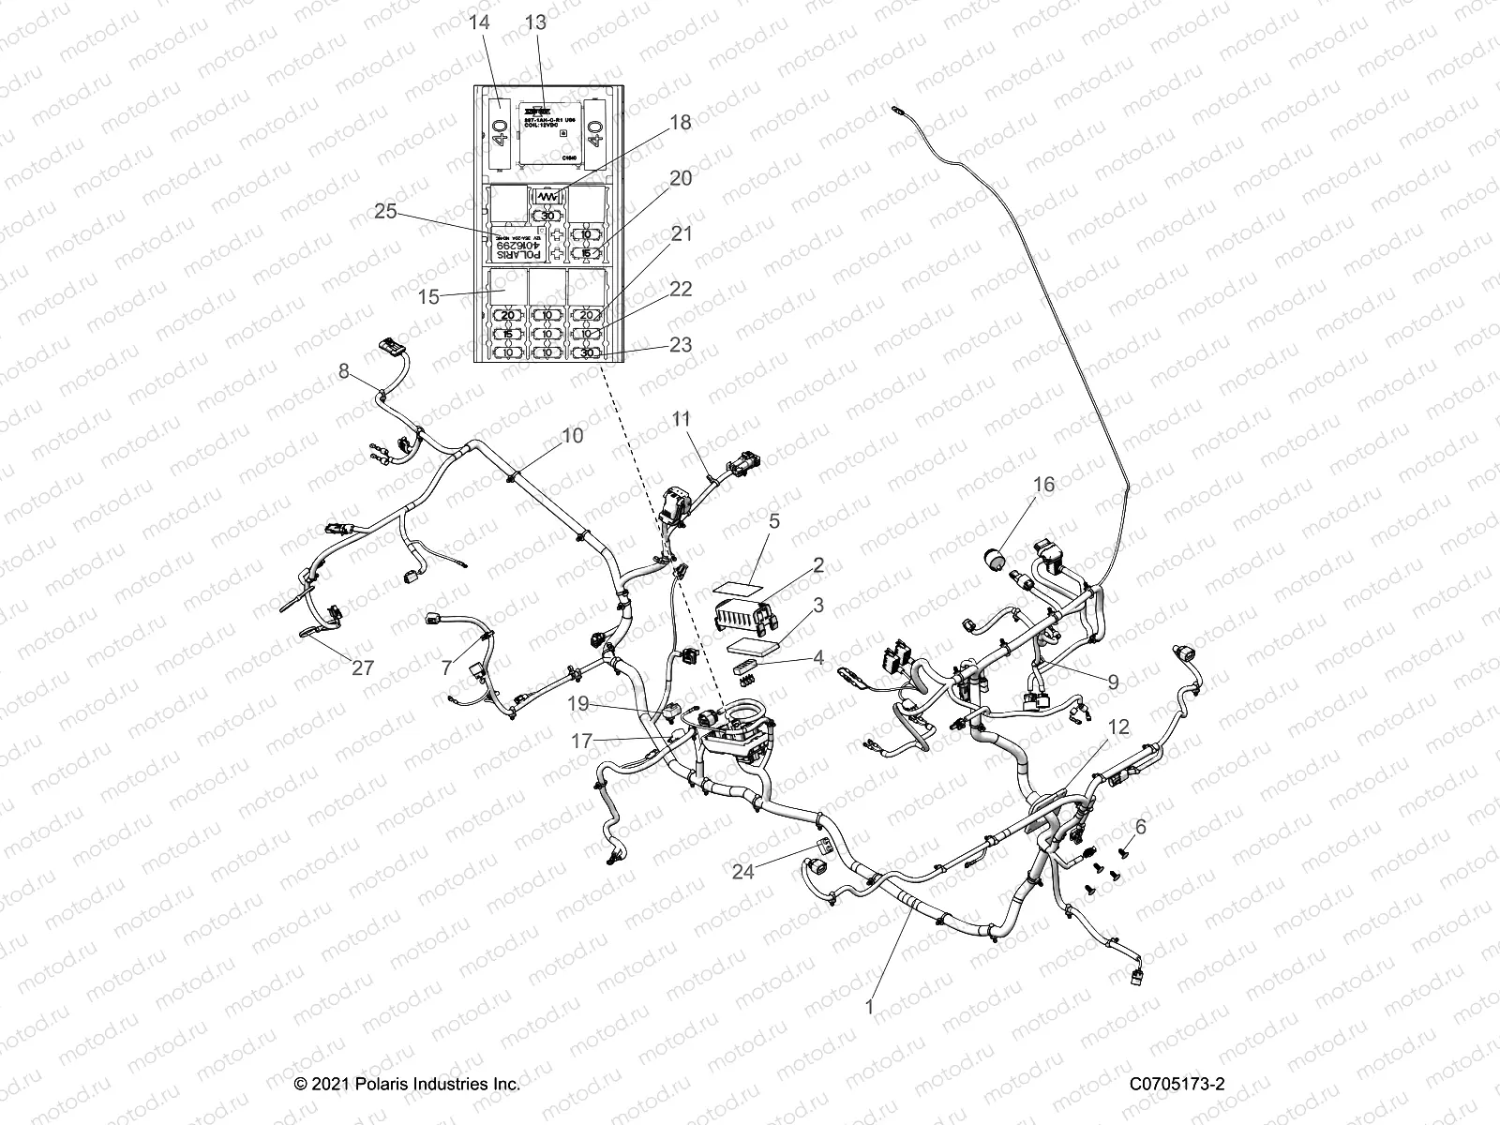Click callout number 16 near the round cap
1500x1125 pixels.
coord(1043,485)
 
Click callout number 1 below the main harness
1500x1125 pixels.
coord(869,1008)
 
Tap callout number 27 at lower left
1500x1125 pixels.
coord(362,667)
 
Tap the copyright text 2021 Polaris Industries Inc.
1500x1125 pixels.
coord(407,1084)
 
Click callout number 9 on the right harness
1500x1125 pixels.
coord(1112,682)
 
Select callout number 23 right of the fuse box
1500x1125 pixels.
coord(681,344)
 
